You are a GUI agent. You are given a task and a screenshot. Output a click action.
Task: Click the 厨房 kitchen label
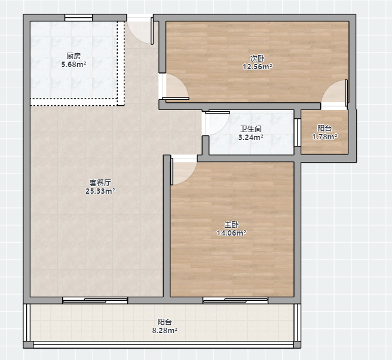pos(73,56)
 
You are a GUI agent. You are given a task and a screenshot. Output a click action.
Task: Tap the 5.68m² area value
pos(73,65)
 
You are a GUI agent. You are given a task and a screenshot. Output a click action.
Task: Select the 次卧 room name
pos(257,59)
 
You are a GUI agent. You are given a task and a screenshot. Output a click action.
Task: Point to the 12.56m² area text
pos(257,67)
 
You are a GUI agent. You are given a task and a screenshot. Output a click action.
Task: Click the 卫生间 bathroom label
pos(251,129)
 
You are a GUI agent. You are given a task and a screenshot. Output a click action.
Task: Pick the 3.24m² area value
pos(251,138)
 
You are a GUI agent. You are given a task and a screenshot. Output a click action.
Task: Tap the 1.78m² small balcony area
pos(324,137)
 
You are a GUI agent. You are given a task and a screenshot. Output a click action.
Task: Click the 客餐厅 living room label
pos(100,182)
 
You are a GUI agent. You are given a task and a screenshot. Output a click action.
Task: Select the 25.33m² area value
pos(100,191)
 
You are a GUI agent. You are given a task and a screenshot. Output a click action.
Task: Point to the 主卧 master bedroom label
pos(231,224)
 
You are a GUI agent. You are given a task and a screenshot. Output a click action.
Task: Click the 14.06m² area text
pos(231,233)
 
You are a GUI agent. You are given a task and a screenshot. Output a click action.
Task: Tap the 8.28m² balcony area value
pos(165,331)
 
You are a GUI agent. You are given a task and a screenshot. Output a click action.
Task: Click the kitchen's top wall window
pos(78,18)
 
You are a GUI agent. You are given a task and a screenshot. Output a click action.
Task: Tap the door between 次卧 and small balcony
pos(334,93)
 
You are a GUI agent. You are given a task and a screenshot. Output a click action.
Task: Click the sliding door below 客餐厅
pos(95,300)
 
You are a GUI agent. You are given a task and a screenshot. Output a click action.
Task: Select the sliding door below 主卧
pos(235,300)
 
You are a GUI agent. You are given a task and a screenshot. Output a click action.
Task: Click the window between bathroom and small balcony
pos(297,132)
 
